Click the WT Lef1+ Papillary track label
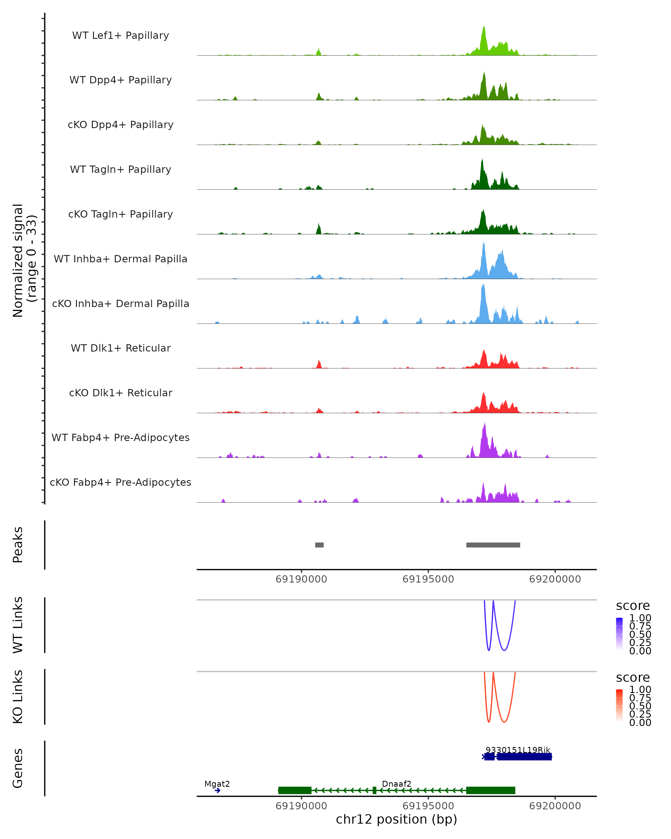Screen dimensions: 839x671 tap(121, 36)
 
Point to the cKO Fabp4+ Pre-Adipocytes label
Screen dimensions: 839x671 tap(121, 482)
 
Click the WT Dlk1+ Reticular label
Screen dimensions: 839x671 tap(121, 348)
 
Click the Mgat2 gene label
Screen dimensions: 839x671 tap(217, 784)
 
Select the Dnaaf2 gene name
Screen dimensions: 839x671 tap(396, 784)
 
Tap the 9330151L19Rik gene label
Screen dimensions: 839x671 tap(518, 750)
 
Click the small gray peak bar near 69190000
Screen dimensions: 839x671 tap(319, 545)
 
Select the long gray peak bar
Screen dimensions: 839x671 tap(493, 545)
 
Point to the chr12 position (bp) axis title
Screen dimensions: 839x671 tap(396, 819)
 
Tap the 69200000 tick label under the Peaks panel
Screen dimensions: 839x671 tap(555, 579)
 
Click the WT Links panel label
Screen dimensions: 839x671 tap(18, 625)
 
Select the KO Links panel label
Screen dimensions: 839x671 tap(18, 697)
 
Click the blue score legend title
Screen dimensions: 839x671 tap(633, 605)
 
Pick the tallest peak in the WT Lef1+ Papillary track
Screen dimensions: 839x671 tap(484, 27)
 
